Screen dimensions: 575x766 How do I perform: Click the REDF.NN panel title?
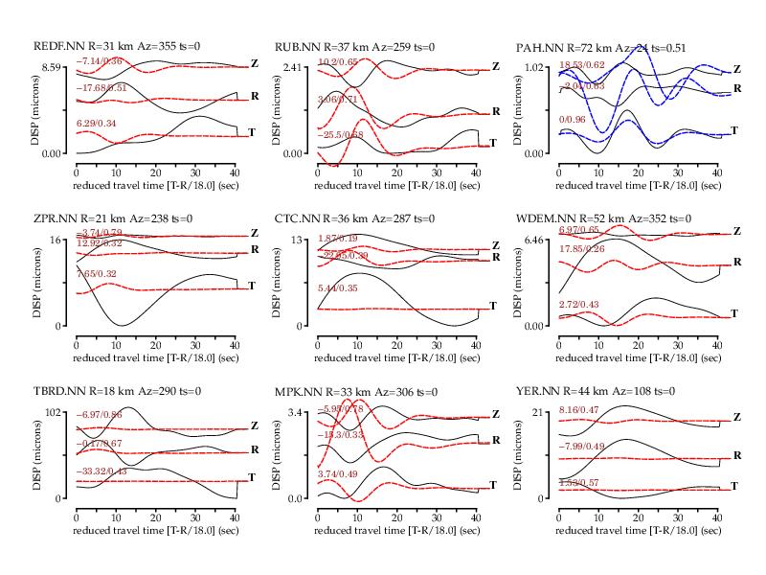pos(126,47)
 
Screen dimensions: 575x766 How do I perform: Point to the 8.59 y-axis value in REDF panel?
pos(49,67)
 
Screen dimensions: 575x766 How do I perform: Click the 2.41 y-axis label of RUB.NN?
pos(291,67)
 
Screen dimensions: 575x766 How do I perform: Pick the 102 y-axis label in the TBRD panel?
pos(54,412)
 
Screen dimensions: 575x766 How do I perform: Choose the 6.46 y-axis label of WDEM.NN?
pos(532,240)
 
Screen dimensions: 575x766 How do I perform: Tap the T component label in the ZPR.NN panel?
pos(251,286)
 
